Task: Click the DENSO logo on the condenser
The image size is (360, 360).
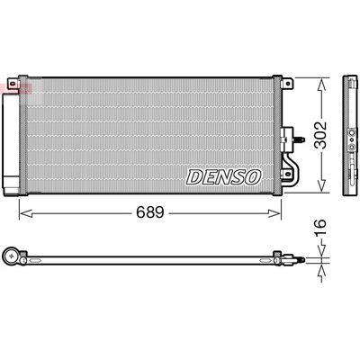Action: [223, 177]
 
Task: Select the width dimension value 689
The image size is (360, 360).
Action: [150, 212]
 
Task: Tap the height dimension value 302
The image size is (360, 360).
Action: [320, 135]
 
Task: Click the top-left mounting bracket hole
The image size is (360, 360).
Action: [12, 84]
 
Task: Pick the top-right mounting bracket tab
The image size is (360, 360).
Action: [287, 84]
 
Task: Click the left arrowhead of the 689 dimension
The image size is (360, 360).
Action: [26, 213]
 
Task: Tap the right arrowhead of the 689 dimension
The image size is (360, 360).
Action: [274, 213]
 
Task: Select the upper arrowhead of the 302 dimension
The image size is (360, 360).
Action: [321, 85]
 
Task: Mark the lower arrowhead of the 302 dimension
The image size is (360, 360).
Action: [321, 185]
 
